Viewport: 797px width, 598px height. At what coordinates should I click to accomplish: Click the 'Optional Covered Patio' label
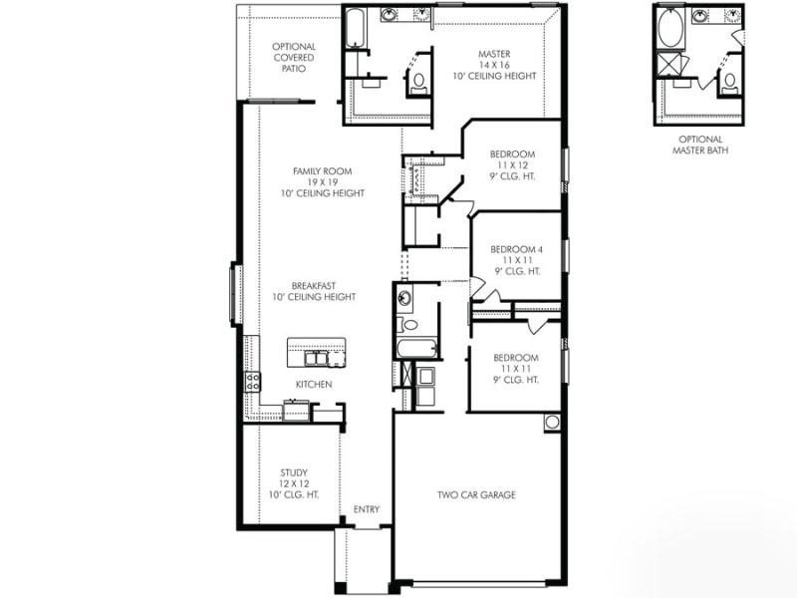[294, 58]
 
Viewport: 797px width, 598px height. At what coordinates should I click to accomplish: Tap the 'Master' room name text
[494, 54]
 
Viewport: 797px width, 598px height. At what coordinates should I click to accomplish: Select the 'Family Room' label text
[323, 171]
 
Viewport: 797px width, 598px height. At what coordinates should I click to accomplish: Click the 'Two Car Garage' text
[476, 495]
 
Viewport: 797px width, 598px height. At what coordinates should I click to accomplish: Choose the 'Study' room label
[294, 472]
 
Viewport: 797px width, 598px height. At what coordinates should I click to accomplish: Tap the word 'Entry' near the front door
[367, 510]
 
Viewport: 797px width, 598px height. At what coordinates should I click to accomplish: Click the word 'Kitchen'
[314, 385]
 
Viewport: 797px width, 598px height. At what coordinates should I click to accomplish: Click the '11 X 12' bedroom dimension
[513, 165]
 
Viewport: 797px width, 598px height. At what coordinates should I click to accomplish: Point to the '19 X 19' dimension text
[323, 182]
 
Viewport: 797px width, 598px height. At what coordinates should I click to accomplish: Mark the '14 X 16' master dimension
[494, 65]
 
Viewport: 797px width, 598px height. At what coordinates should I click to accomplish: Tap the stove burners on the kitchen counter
[253, 380]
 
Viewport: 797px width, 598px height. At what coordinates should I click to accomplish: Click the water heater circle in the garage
[551, 423]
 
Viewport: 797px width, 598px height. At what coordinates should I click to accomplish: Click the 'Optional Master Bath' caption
[700, 145]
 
